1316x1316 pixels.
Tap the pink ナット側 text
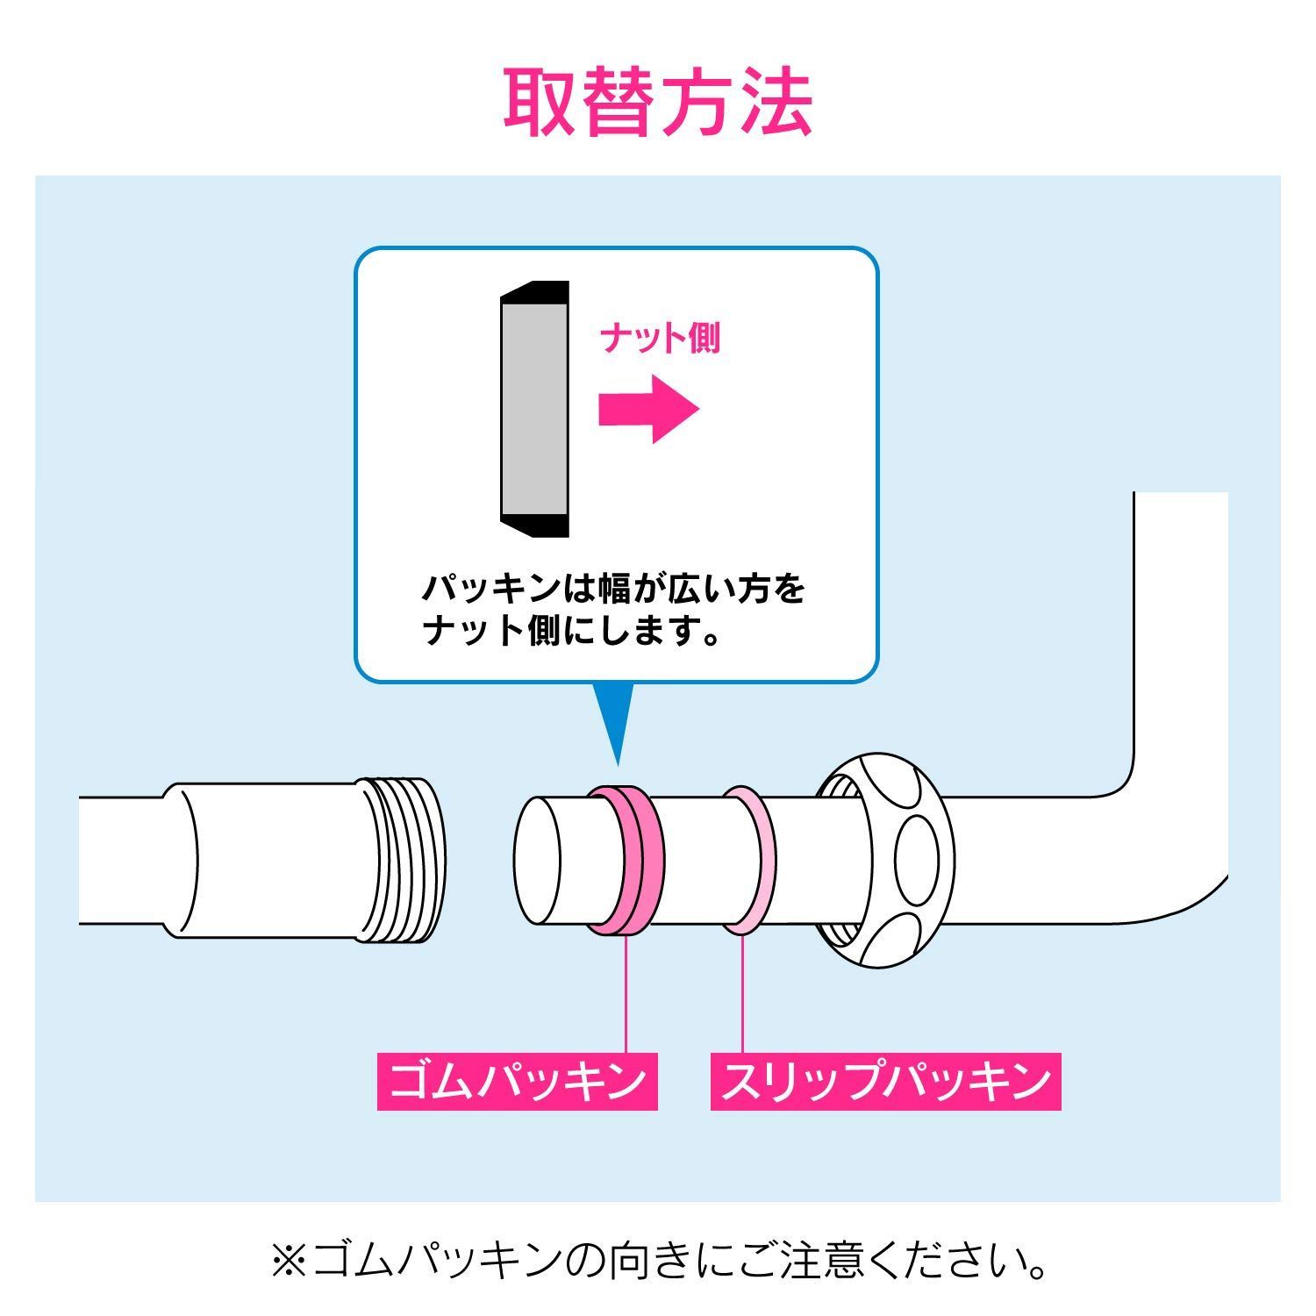[x=661, y=339]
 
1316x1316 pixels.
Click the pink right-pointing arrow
[x=648, y=409]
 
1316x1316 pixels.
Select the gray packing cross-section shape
[x=534, y=409]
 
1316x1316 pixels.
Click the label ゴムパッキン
[x=518, y=1082]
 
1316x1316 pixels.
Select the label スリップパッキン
[x=885, y=1082]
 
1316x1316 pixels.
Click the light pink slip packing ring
[x=747, y=859]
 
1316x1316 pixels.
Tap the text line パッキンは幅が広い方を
[x=614, y=587]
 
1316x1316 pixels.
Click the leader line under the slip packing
[x=742, y=992]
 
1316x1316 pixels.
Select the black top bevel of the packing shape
[x=534, y=292]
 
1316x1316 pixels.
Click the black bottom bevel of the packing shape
[x=534, y=525]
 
